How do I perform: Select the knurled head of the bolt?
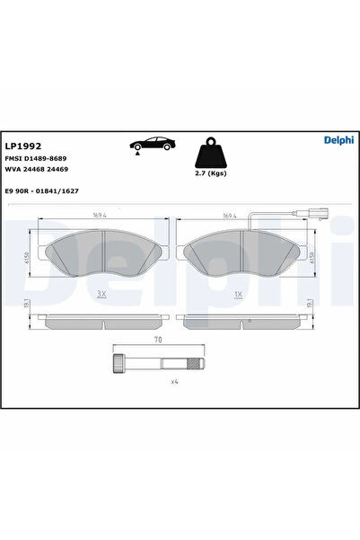[x=118, y=364]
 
